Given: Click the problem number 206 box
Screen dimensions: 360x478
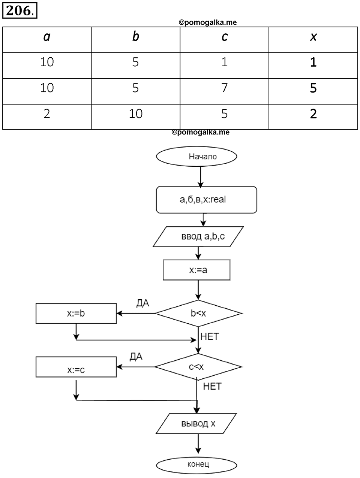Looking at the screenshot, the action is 19,10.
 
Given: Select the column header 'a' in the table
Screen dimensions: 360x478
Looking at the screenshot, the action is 47,37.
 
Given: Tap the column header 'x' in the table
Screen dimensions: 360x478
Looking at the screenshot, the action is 313,37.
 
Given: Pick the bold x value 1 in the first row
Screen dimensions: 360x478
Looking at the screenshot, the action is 313,62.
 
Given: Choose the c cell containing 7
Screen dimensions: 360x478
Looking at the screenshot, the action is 225,88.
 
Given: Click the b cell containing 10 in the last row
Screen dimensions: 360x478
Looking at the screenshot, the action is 136,114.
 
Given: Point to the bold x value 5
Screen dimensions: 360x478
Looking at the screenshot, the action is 313,88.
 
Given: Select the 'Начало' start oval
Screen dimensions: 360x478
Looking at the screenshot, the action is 196,156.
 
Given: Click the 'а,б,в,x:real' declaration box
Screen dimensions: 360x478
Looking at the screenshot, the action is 206,200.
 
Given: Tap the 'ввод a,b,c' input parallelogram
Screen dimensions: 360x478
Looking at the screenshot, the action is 198,236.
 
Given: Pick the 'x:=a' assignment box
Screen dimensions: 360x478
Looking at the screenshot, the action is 196,270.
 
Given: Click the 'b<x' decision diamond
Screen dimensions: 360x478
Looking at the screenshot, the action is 198,314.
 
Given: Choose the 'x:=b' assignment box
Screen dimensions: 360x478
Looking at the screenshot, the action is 76,314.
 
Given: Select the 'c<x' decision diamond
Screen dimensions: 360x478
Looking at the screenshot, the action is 198,367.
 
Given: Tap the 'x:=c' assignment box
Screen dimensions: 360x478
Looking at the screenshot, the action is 76,367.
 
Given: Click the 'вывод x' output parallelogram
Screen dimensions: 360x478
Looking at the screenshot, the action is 196,424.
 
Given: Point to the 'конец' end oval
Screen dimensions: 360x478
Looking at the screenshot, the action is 196,464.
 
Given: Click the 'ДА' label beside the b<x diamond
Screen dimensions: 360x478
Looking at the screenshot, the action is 143,303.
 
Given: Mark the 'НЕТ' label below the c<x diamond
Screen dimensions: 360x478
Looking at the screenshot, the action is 212,387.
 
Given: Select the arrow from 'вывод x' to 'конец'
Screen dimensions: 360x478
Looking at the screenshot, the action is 198,444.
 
